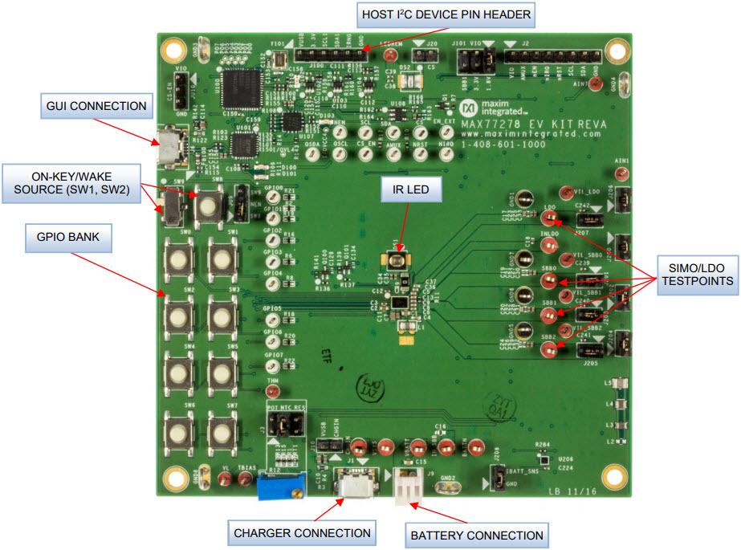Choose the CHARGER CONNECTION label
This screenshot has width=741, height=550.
click(302, 532)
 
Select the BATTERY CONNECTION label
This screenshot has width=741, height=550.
click(476, 535)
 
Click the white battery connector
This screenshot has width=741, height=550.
click(408, 484)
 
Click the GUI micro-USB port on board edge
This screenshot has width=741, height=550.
click(168, 147)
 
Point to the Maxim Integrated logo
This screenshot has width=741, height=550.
click(474, 108)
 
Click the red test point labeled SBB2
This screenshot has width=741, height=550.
click(548, 349)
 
